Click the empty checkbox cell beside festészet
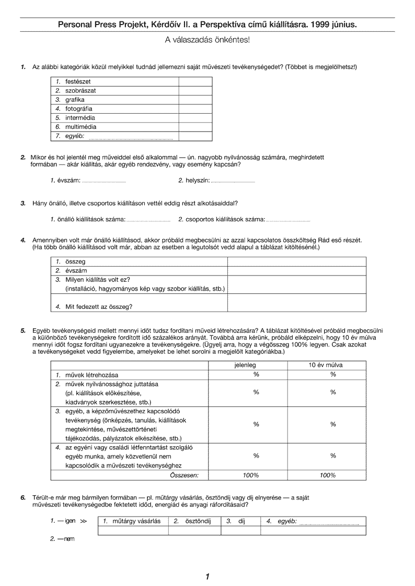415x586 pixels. (x=195, y=81)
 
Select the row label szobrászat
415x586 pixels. (x=80, y=90)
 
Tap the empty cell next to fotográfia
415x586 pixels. (x=195, y=109)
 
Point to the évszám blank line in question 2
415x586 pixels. (x=105, y=181)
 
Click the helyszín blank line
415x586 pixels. (x=233, y=181)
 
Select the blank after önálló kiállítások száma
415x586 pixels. (x=148, y=219)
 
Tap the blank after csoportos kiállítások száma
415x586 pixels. (x=287, y=219)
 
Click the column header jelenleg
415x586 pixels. (x=256, y=365)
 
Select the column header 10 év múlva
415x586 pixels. (x=332, y=365)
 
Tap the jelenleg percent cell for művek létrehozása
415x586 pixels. (x=256, y=375)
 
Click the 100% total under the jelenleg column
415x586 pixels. (x=251, y=475)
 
